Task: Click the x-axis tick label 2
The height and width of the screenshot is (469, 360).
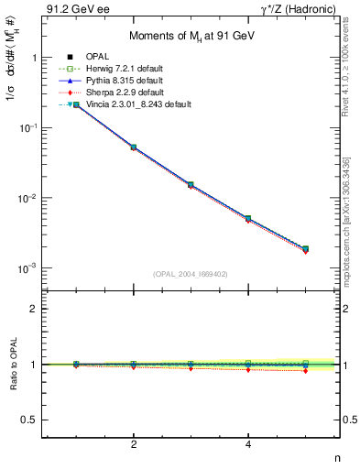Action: (134, 444)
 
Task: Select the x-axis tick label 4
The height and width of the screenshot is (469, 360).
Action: (248, 444)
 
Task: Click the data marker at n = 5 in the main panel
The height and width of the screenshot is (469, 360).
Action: (305, 248)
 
